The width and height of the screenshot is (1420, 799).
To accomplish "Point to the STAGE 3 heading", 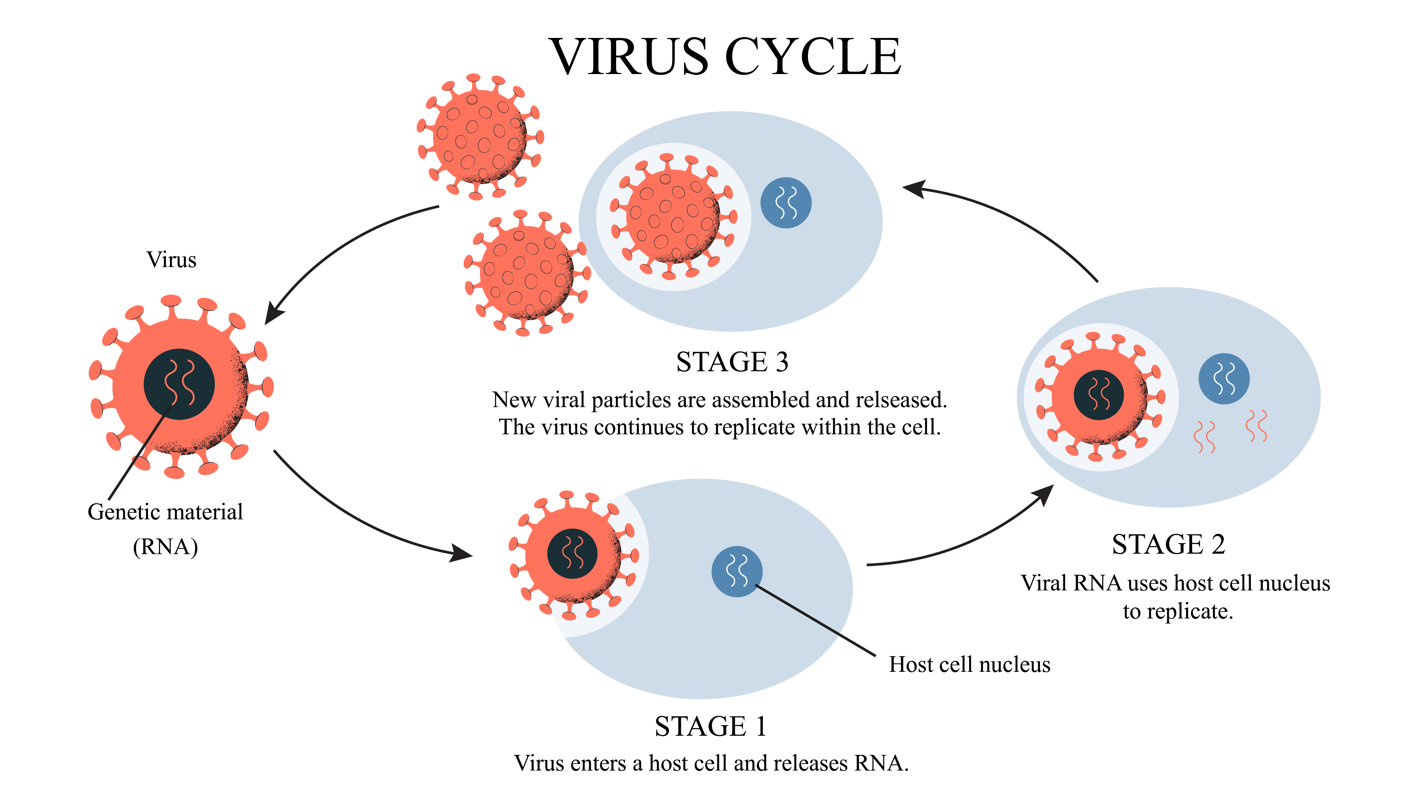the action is [732, 362].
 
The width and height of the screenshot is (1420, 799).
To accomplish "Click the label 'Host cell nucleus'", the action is [970, 664].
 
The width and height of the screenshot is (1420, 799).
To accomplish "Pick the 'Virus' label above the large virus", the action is [171, 260].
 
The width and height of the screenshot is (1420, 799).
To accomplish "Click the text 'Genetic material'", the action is [165, 512].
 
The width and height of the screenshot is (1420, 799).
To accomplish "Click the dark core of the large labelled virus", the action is [179, 384].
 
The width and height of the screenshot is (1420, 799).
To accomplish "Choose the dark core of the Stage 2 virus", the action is [1099, 395].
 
